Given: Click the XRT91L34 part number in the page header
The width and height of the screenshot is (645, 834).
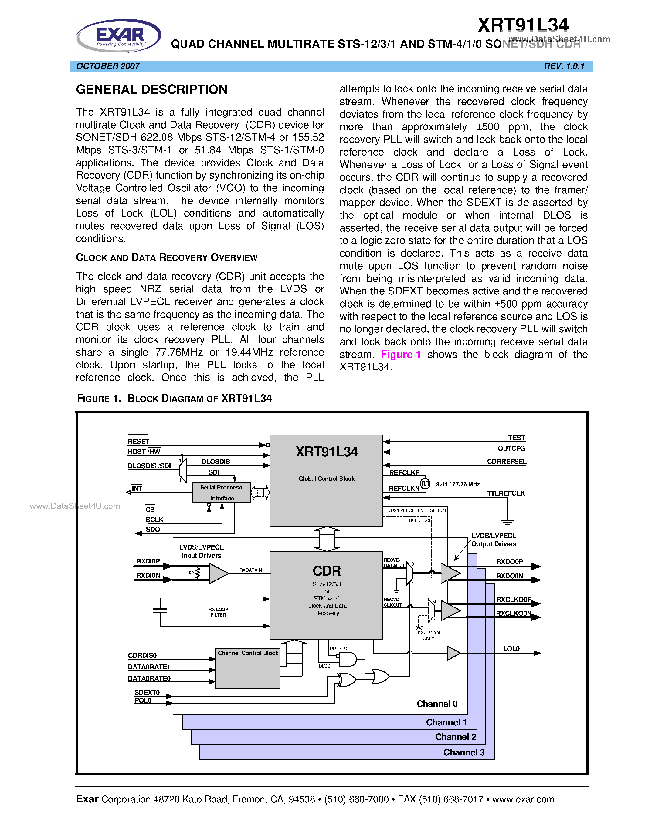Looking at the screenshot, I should tap(523, 25).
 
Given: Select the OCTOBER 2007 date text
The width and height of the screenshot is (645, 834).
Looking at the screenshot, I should tap(108, 66).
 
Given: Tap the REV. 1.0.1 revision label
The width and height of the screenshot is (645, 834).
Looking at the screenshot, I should tap(564, 66).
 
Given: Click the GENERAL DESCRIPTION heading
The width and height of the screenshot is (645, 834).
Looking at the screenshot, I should tap(152, 90).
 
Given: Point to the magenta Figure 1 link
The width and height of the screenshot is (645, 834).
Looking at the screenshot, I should tap(401, 354).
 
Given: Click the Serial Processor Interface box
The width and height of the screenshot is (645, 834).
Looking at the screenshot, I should tap(222, 493).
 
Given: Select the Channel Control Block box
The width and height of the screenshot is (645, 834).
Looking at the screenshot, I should tap(248, 669).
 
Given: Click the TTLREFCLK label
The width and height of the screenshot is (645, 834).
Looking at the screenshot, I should tap(506, 493).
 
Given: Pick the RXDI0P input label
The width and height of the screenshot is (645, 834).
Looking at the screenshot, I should tap(148, 561).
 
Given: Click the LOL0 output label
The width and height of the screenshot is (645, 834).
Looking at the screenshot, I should tap(511, 649).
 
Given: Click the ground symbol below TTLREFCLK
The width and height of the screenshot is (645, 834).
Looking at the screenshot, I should tap(507, 522).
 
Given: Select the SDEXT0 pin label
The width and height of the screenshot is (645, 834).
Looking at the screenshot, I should tap(147, 692).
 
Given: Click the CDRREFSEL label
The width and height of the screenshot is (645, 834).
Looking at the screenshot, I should tap(506, 461).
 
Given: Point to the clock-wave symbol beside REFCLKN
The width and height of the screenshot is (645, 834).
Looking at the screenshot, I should tap(425, 484).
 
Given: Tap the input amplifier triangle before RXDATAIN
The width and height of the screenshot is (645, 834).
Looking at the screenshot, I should tap(218, 573).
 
